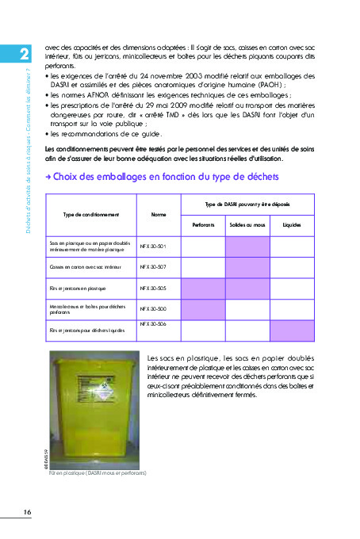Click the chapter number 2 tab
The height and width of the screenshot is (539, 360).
[24, 52]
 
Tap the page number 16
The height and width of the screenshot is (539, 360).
[27, 512]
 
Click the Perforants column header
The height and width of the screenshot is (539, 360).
[203, 224]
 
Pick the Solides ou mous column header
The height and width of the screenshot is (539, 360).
[247, 224]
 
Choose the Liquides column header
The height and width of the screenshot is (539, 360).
[292, 224]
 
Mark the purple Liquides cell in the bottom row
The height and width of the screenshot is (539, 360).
[292, 329]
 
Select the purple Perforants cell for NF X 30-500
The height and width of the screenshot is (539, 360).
[203, 309]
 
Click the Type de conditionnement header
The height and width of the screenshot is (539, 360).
[91, 214]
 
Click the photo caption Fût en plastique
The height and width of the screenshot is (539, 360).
[97, 473]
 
